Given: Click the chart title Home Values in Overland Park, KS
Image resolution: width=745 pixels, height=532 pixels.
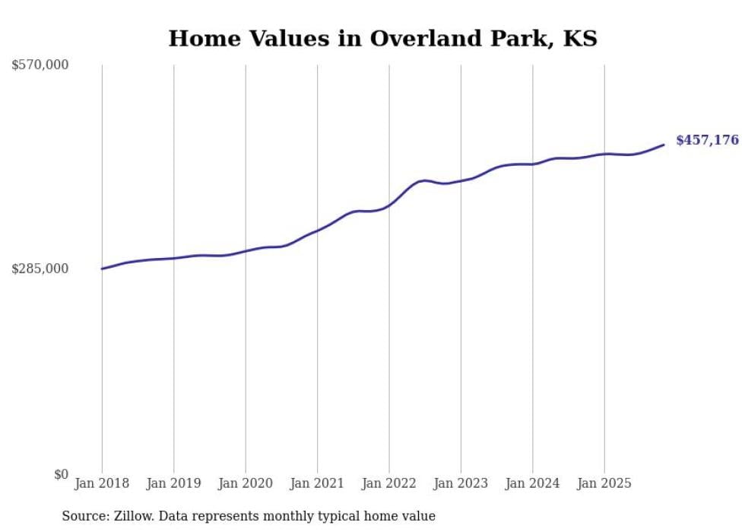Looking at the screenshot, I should click(382, 38).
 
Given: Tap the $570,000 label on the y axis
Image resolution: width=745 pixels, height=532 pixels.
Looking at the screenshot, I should click(40, 65).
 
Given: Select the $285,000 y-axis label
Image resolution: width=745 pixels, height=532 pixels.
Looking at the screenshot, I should click(40, 269).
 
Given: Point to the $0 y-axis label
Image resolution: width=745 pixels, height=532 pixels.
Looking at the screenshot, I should click(61, 474).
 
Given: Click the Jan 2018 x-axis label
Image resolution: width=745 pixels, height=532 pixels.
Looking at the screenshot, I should click(102, 483).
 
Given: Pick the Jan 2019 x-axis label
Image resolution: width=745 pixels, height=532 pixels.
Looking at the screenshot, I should click(173, 483).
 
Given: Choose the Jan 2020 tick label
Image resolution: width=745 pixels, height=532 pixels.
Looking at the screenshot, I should click(246, 483).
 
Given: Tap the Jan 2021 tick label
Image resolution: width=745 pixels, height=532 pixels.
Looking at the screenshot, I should click(317, 483).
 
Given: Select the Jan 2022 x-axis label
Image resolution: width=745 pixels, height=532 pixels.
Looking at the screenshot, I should click(389, 483).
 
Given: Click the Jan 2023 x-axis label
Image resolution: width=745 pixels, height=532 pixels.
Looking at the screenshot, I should click(461, 483).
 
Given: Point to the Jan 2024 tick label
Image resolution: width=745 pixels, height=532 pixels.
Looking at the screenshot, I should click(533, 483).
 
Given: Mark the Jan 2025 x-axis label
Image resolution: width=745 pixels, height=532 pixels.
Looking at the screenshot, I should click(604, 483).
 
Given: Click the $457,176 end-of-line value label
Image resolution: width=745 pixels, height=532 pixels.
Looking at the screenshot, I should click(707, 140).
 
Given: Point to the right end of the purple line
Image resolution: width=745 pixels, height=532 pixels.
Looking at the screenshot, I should click(664, 145).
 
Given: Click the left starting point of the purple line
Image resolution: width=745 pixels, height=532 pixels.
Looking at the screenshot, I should click(102, 269).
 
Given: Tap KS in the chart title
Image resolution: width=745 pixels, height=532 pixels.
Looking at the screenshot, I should click(580, 38).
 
